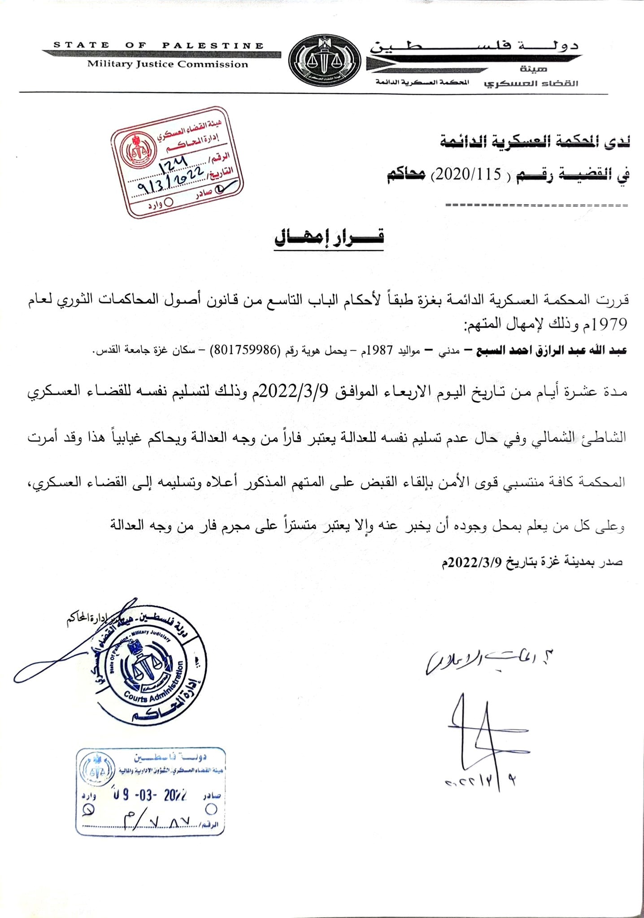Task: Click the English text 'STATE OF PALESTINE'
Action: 158,45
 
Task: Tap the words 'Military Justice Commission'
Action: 167,64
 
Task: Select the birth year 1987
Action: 380,350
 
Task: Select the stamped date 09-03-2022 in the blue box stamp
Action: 150,796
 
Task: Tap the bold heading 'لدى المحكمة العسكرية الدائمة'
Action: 534,143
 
